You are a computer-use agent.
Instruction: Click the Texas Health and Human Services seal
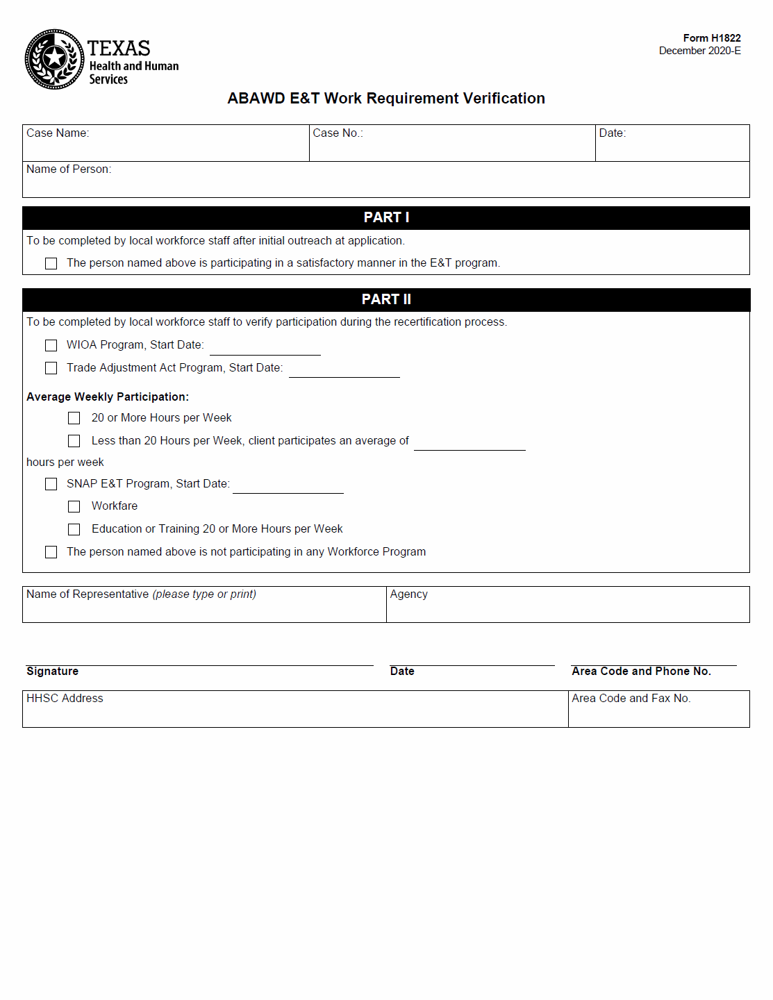point(54,59)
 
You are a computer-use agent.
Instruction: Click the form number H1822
point(711,38)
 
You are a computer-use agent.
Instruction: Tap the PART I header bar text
point(386,217)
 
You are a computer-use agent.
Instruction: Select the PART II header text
point(386,299)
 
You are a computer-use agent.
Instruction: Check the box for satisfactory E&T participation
point(51,264)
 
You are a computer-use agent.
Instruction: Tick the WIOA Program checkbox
point(51,346)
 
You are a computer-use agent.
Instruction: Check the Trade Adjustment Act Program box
point(51,368)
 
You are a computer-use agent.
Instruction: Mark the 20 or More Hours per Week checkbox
point(74,418)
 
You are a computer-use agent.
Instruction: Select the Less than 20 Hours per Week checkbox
point(74,441)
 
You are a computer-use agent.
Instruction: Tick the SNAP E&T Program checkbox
point(51,484)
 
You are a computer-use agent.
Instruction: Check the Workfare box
point(74,507)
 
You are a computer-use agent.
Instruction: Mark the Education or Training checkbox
point(74,530)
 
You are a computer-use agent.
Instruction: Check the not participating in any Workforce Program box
point(51,552)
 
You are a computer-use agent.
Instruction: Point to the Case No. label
point(338,133)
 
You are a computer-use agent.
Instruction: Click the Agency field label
point(408,594)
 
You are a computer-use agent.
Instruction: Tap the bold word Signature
point(53,672)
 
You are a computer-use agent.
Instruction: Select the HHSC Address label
point(65,699)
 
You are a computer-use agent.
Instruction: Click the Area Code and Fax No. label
point(631,699)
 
